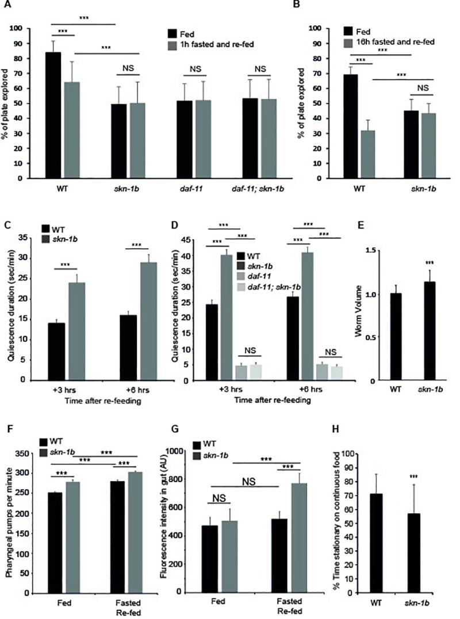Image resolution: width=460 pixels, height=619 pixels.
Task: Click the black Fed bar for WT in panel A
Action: pos(53,115)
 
